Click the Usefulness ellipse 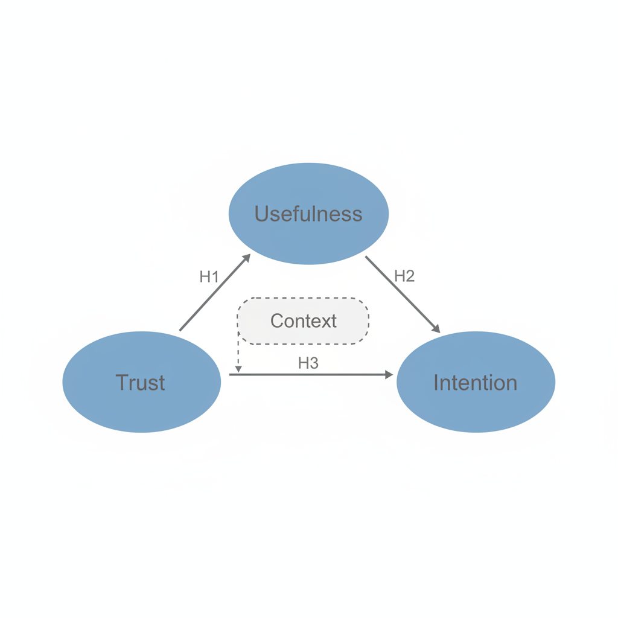308,214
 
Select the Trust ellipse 141,382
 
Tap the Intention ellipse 476,382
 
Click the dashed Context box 303,321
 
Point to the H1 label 209,276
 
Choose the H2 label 404,276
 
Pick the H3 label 308,363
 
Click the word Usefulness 308,214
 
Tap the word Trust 140,382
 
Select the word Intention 476,382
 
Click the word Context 304,321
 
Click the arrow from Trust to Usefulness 215,292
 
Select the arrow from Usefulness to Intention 403,295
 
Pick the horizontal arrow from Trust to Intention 311,374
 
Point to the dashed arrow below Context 238,352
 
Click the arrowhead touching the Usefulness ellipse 247,258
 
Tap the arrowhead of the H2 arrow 436,329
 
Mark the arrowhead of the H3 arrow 389,374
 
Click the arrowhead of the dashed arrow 238,369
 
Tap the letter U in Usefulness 262,214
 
